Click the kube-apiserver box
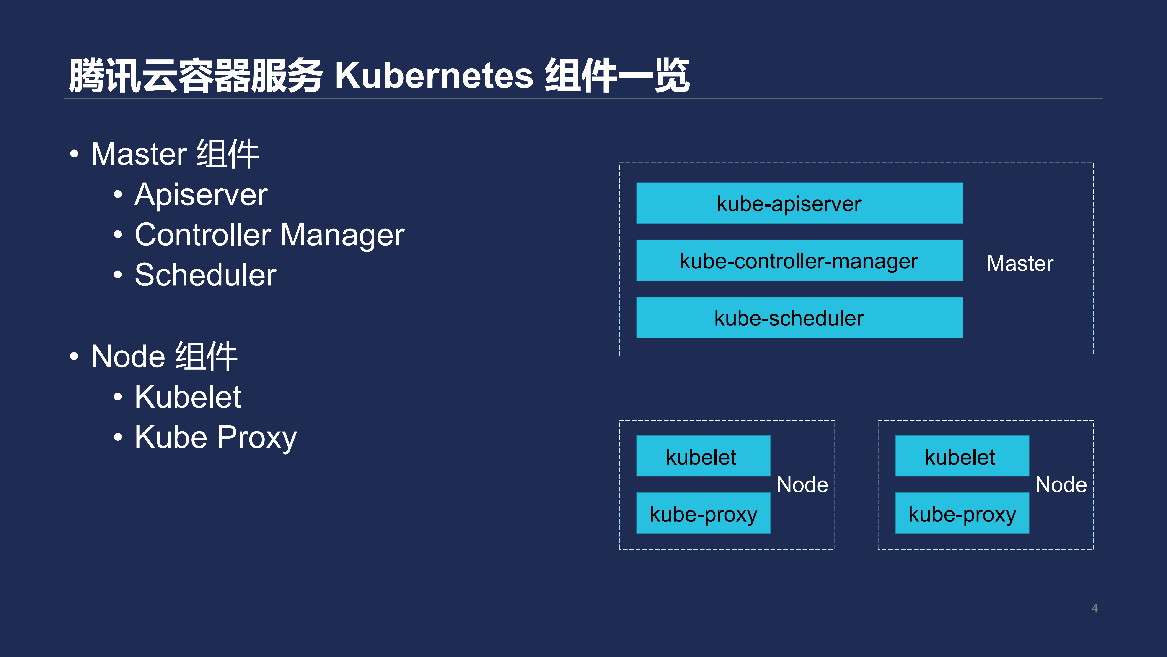click(799, 203)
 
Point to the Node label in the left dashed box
click(802, 485)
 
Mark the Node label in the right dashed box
click(1061, 485)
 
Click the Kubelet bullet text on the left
click(188, 397)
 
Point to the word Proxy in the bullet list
click(257, 437)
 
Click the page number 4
click(1095, 608)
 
